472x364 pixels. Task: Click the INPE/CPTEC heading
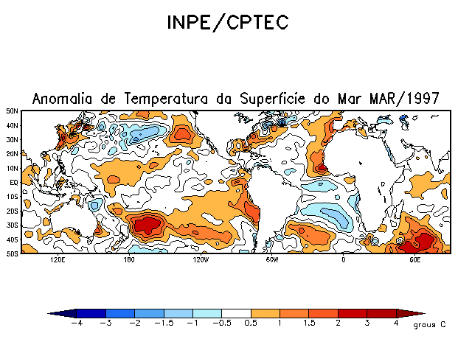226,23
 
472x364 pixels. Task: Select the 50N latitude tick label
13,111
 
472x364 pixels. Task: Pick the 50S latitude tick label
13,253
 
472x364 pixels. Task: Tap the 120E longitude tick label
58,260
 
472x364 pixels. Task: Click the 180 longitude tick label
129,260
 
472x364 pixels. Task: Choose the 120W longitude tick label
201,260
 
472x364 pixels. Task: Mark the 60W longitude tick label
271,260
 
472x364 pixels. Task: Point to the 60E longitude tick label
414,260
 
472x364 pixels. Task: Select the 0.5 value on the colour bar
251,323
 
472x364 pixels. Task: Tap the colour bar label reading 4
396,323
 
